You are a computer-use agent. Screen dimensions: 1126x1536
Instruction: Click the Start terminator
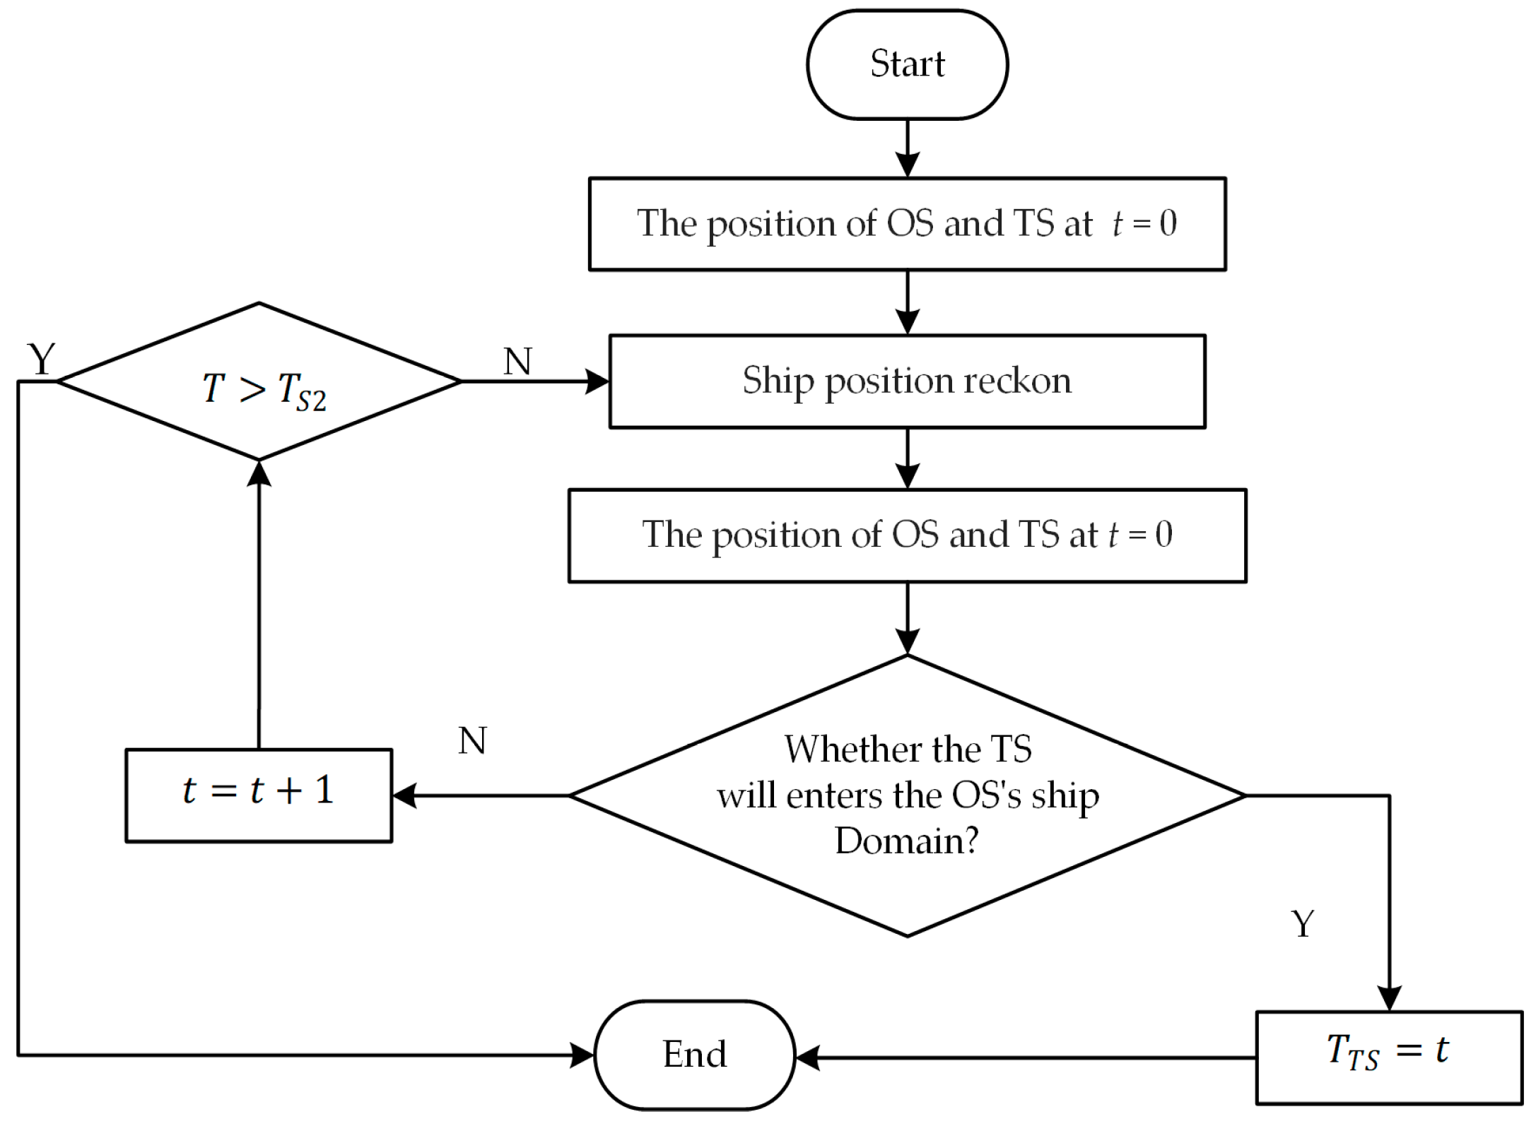click(907, 64)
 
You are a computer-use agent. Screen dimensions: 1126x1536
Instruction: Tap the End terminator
click(695, 1055)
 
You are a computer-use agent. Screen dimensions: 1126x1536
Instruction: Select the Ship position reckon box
click(907, 381)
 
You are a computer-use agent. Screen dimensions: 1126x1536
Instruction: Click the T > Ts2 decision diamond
click(259, 382)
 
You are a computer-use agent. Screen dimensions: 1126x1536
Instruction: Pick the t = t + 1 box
click(259, 795)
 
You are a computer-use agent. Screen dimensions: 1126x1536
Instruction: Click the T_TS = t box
click(1388, 1057)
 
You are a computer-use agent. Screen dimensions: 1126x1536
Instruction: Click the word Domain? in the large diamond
click(907, 841)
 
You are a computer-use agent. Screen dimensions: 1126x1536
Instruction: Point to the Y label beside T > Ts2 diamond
click(41, 359)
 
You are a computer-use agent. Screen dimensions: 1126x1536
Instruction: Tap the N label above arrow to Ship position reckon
click(517, 362)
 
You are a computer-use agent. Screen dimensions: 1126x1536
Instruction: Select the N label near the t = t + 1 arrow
click(472, 741)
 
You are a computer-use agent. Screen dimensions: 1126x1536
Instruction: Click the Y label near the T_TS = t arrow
click(1302, 923)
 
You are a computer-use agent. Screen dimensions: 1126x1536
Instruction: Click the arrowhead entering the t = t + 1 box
click(405, 795)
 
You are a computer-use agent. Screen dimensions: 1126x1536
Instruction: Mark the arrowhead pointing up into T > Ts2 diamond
click(259, 473)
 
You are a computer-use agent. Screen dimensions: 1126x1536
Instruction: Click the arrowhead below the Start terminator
click(907, 165)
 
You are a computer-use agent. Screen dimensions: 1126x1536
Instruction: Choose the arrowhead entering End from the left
click(582, 1055)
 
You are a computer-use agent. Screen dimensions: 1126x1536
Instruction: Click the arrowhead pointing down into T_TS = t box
click(1389, 998)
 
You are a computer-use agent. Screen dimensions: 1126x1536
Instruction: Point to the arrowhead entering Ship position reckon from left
click(597, 381)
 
